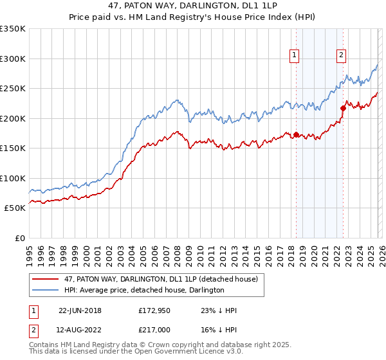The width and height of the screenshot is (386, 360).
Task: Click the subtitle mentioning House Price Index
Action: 192,17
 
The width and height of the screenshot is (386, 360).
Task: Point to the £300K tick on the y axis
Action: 13,59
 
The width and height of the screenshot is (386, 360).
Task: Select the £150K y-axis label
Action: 13,148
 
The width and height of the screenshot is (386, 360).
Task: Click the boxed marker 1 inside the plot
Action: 294,55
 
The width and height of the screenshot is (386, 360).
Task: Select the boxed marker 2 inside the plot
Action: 341,55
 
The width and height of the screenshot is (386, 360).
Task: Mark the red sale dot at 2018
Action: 296,134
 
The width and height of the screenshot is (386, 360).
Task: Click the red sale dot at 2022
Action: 343,108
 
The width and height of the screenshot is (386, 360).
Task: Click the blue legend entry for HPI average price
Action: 143,290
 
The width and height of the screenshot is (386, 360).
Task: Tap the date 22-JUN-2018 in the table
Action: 80,310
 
